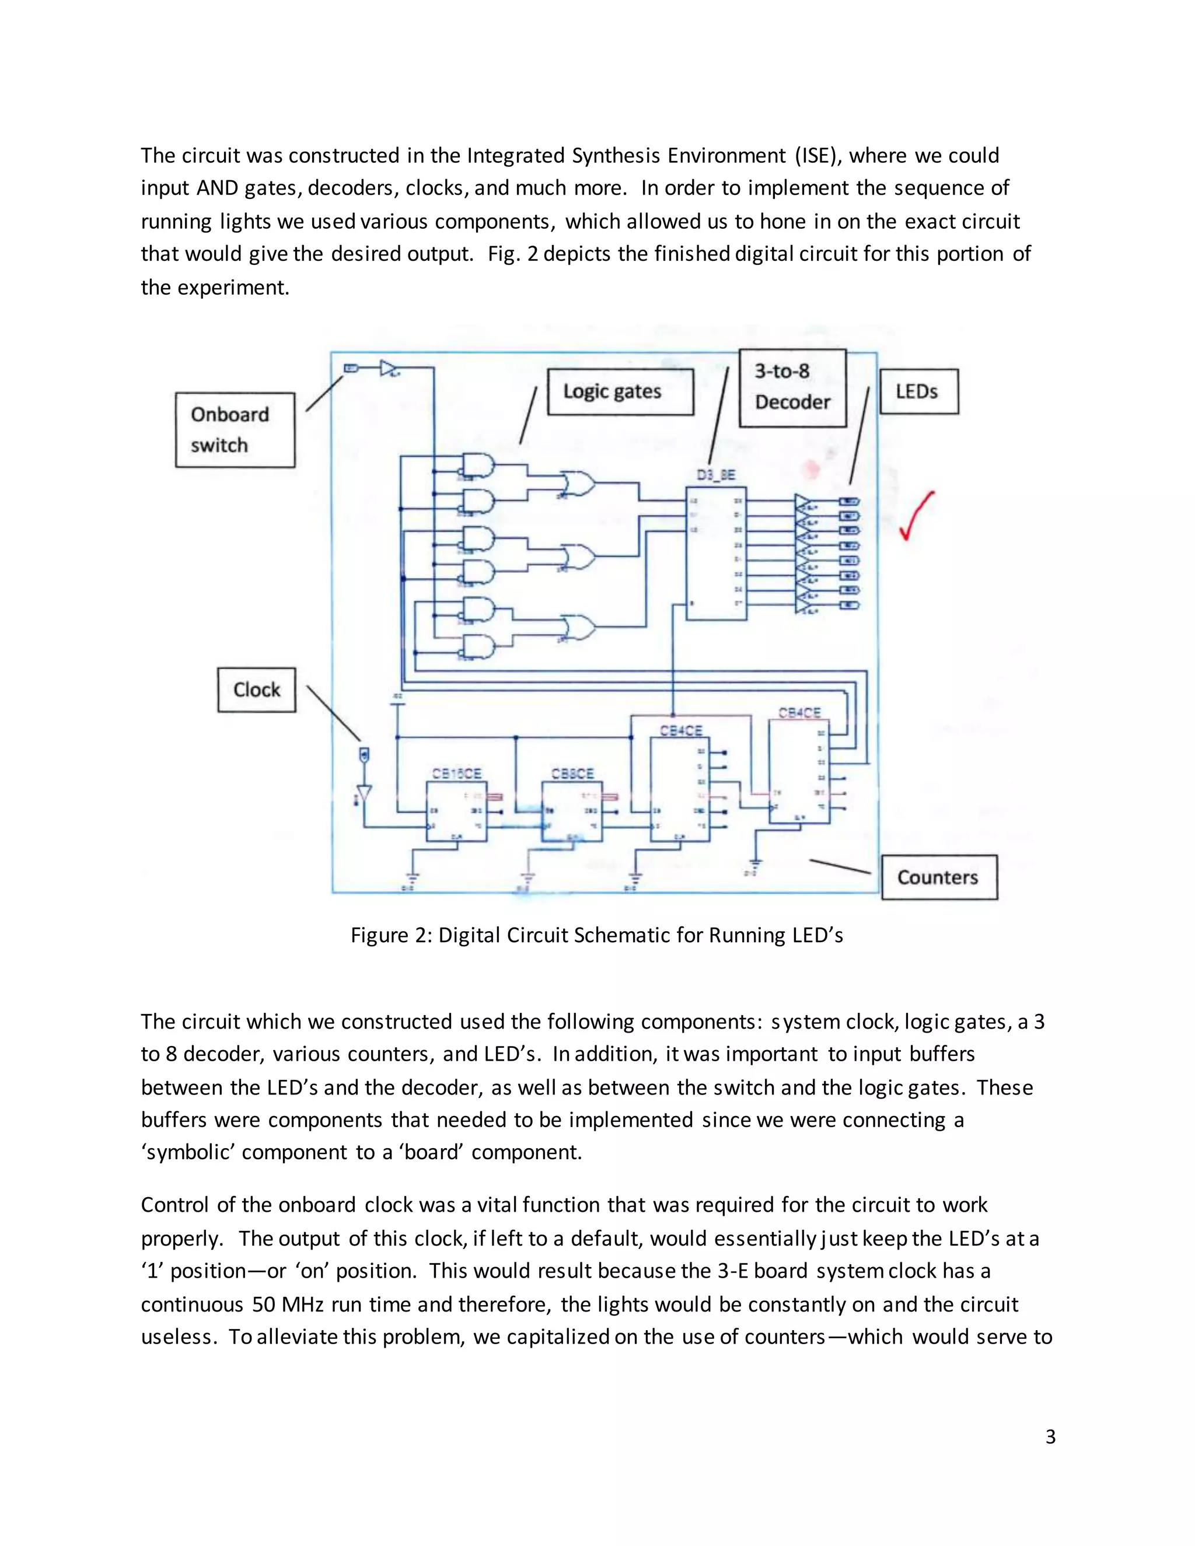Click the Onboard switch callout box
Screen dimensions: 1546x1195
pos(235,430)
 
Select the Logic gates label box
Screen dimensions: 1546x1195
pos(620,391)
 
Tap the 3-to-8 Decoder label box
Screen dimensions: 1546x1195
pos(792,387)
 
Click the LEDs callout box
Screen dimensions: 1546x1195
pos(918,391)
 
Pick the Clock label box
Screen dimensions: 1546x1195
pos(256,690)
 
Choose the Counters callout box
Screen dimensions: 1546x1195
pos(939,877)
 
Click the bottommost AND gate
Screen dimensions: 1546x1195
pos(478,646)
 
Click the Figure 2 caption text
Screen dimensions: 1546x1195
pos(597,935)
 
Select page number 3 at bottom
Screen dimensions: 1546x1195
pos(1050,1436)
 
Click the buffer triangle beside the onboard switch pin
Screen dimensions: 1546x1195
pos(389,368)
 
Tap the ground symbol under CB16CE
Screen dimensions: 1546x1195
pos(411,879)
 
